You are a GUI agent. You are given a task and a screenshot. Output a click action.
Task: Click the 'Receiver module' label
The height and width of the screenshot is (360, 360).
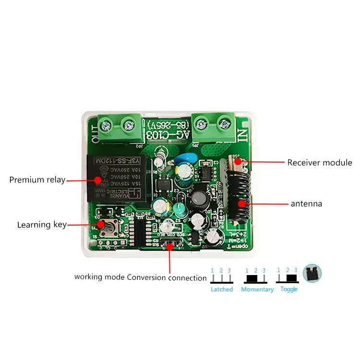tap(320, 163)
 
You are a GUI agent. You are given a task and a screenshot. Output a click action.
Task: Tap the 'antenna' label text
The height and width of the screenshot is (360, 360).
tap(306, 204)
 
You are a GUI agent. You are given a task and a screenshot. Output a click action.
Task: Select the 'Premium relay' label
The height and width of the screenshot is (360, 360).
tap(37, 180)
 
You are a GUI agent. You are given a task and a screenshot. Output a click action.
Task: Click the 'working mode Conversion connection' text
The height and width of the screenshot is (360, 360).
tap(140, 277)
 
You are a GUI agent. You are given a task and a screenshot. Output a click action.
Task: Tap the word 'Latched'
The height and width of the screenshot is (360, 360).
tap(222, 289)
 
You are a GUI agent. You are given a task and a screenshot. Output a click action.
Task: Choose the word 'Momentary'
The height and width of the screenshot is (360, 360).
tap(257, 289)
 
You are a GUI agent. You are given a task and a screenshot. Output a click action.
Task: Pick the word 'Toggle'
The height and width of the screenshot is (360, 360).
tap(289, 289)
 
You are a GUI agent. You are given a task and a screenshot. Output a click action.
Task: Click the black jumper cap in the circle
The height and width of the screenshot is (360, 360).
tap(313, 274)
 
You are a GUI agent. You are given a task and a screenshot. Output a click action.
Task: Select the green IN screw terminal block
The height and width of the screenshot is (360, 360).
tap(213, 126)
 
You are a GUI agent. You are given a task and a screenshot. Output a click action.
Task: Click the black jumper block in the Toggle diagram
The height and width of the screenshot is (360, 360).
tap(291, 278)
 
